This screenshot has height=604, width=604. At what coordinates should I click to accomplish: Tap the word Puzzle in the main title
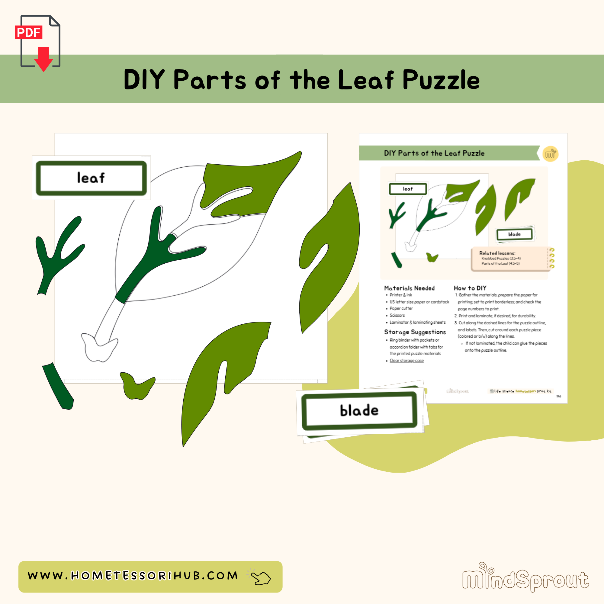[x=441, y=80]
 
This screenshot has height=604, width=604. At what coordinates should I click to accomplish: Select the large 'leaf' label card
[x=91, y=178]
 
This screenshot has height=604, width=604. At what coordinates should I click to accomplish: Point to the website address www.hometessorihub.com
[x=133, y=576]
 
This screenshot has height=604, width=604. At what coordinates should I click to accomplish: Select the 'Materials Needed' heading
[x=409, y=288]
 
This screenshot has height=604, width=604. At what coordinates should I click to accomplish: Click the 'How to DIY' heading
[x=470, y=288]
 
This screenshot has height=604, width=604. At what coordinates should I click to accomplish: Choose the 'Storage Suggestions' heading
[x=415, y=332]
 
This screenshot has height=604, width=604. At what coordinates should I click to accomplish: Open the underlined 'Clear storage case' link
[x=406, y=361]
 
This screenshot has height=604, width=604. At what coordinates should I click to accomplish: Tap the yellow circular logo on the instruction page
[x=550, y=154]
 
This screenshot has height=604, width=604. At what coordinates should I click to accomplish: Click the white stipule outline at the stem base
[x=99, y=347]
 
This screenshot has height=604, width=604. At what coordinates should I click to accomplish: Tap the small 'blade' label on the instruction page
[x=514, y=234]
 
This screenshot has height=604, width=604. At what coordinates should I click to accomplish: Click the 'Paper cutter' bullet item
[x=401, y=309]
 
